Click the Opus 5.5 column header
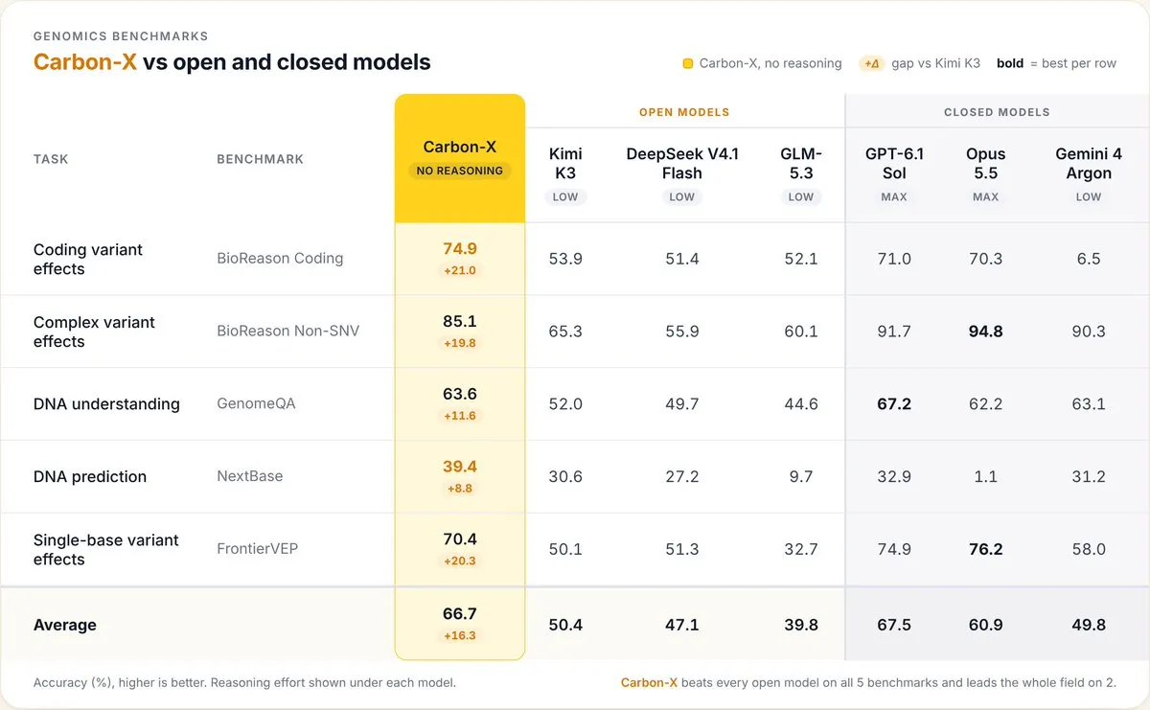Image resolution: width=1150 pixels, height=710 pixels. (x=985, y=163)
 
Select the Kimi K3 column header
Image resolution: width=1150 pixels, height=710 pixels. (x=565, y=163)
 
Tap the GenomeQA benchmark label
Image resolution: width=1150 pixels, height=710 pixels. (x=256, y=403)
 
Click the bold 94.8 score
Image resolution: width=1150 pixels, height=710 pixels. (x=985, y=332)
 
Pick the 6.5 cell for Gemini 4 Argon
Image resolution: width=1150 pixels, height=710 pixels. (x=1089, y=259)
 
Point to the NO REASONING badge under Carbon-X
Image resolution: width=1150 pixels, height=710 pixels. (x=459, y=171)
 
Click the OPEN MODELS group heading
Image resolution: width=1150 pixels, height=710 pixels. (x=684, y=112)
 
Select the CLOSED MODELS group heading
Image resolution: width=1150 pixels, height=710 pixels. (x=997, y=112)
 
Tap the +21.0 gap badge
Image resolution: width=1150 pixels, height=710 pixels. (x=459, y=270)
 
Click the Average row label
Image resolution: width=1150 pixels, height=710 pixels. (x=65, y=625)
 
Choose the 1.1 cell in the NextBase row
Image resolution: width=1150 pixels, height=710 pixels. (x=985, y=476)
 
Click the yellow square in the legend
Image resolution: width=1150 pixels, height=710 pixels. (x=687, y=63)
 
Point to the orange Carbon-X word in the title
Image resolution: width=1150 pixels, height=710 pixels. (x=85, y=62)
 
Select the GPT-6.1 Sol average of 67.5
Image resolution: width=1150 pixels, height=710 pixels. (x=894, y=625)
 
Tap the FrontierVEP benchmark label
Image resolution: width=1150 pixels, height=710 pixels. (x=257, y=549)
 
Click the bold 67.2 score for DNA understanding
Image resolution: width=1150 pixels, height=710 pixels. (x=894, y=404)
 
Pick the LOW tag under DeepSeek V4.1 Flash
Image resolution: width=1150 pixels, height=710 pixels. (x=681, y=196)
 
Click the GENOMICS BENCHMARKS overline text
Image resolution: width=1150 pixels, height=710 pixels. (x=121, y=36)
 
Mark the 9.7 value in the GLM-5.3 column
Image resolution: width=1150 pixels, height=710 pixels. (x=801, y=476)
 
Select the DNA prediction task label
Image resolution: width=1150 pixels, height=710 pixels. (x=90, y=476)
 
